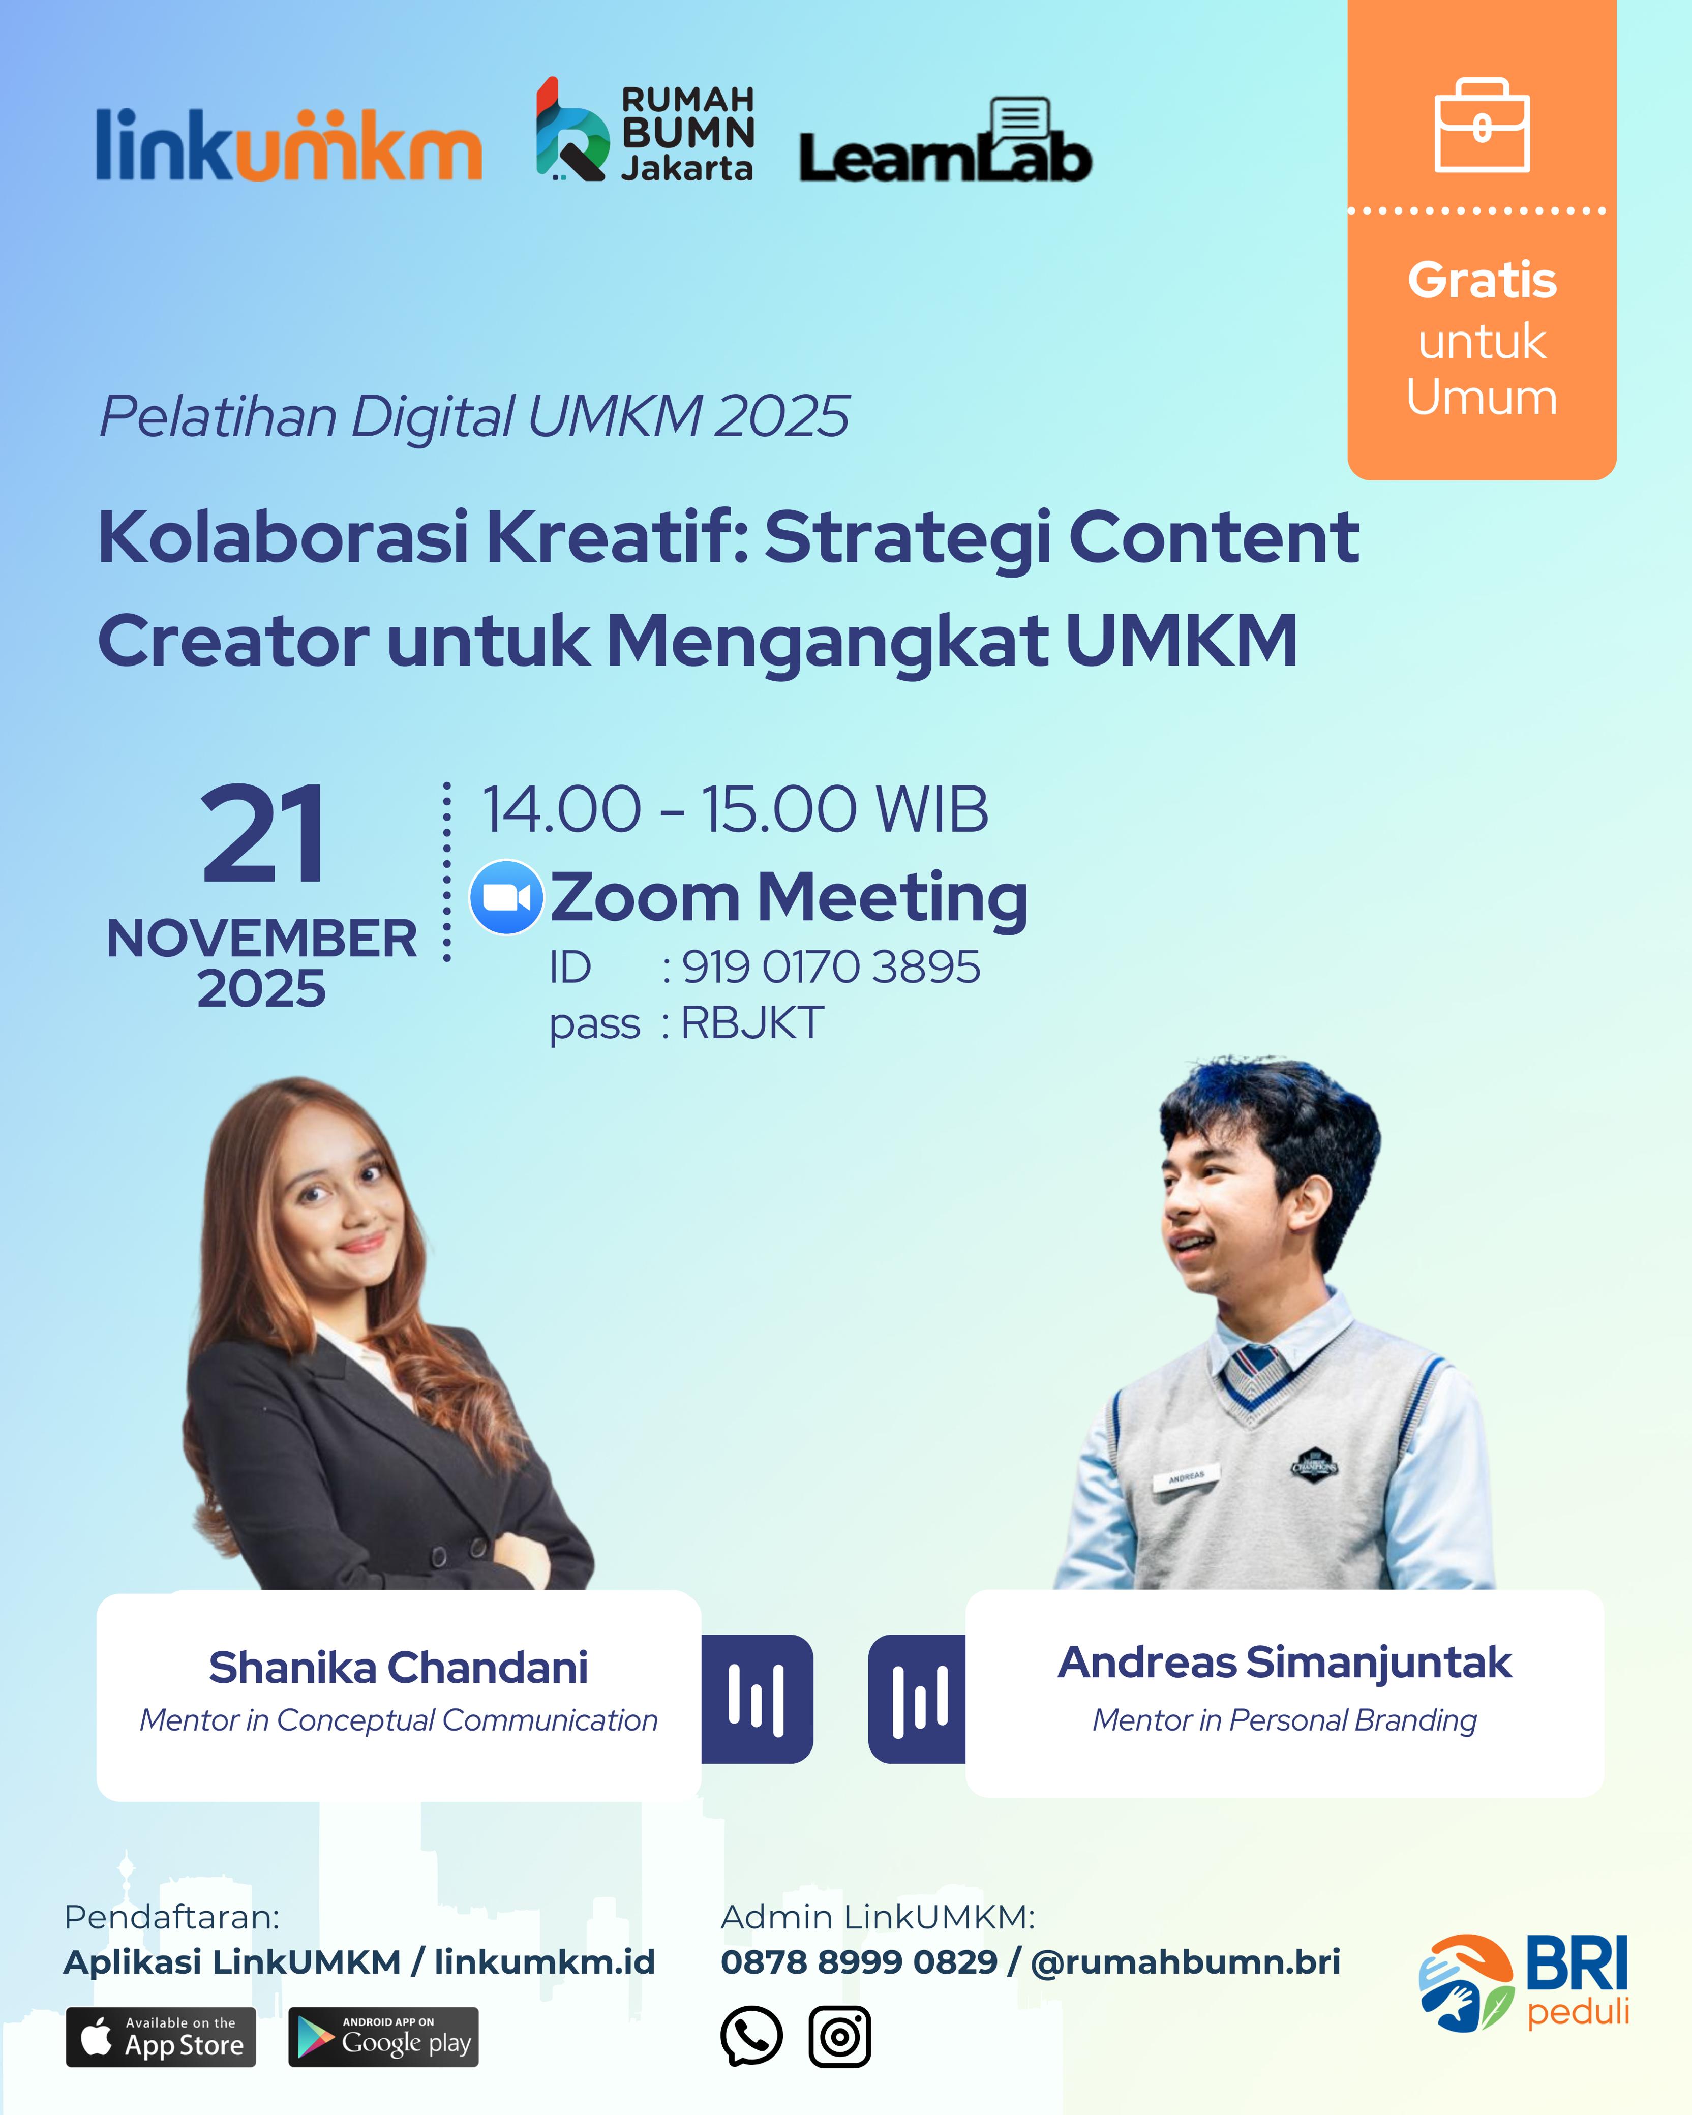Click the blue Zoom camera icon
point(506,897)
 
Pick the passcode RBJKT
point(752,1023)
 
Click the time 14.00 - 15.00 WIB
point(735,810)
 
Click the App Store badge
point(161,2038)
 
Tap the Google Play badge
point(383,2038)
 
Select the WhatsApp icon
point(751,2037)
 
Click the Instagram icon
point(839,2037)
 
